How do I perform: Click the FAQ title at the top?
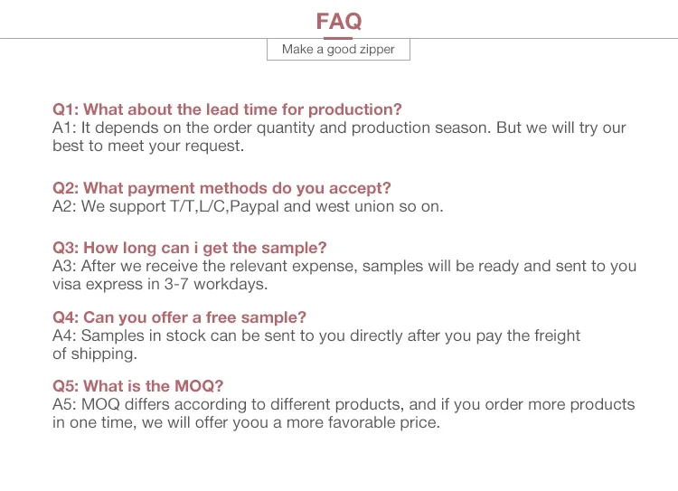339,21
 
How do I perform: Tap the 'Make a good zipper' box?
338,50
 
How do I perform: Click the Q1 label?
66,109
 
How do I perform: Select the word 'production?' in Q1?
355,110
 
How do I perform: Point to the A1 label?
64,127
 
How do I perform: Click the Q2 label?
66,188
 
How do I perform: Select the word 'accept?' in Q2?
360,189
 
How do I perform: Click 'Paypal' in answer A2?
254,207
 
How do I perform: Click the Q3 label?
66,248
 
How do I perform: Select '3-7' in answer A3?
176,284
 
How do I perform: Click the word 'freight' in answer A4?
558,336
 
